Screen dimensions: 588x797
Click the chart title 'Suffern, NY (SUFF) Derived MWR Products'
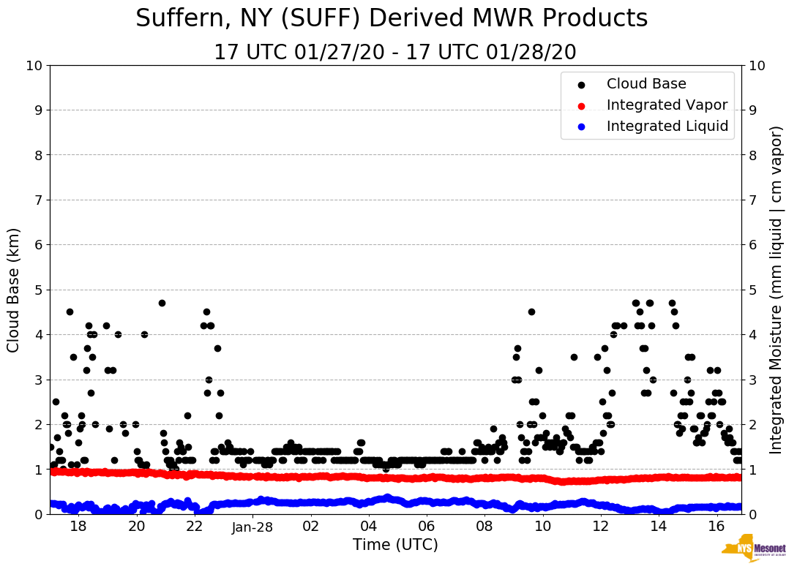[392, 18]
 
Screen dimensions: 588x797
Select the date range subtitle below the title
[395, 53]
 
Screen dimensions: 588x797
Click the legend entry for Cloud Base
[646, 84]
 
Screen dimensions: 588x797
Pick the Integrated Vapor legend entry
[667, 105]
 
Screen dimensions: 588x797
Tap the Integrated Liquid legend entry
[667, 127]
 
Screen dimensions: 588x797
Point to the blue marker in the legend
[582, 127]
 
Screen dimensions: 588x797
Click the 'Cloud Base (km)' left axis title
[14, 290]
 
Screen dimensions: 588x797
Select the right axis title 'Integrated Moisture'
[777, 290]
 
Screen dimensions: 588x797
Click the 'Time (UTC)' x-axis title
[395, 545]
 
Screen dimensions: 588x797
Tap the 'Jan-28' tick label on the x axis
[252, 527]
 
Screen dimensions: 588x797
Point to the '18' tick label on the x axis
[78, 527]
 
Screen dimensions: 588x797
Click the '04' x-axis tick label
[369, 527]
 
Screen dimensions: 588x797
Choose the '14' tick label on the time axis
[659, 527]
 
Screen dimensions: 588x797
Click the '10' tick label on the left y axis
[34, 66]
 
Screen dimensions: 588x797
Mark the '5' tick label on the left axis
[37, 290]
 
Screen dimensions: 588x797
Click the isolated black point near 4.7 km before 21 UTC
[162, 303]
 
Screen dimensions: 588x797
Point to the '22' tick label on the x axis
[195, 527]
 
